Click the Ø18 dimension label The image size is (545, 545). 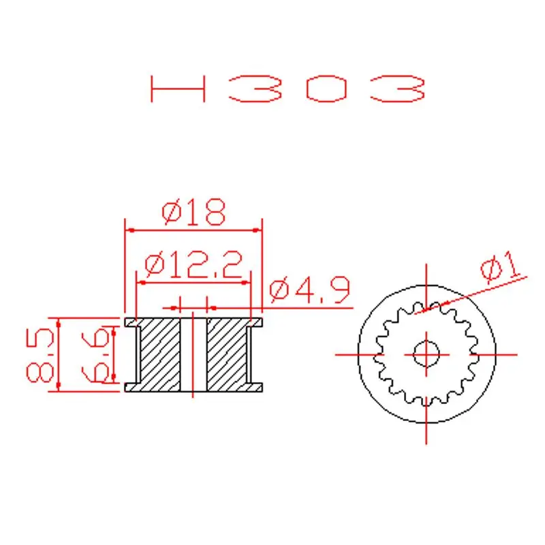(x=193, y=213)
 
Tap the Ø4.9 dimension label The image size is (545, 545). (x=309, y=292)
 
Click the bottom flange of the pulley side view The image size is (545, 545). (x=193, y=387)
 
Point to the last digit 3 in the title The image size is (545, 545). (x=399, y=89)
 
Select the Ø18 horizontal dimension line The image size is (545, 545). (x=193, y=230)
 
